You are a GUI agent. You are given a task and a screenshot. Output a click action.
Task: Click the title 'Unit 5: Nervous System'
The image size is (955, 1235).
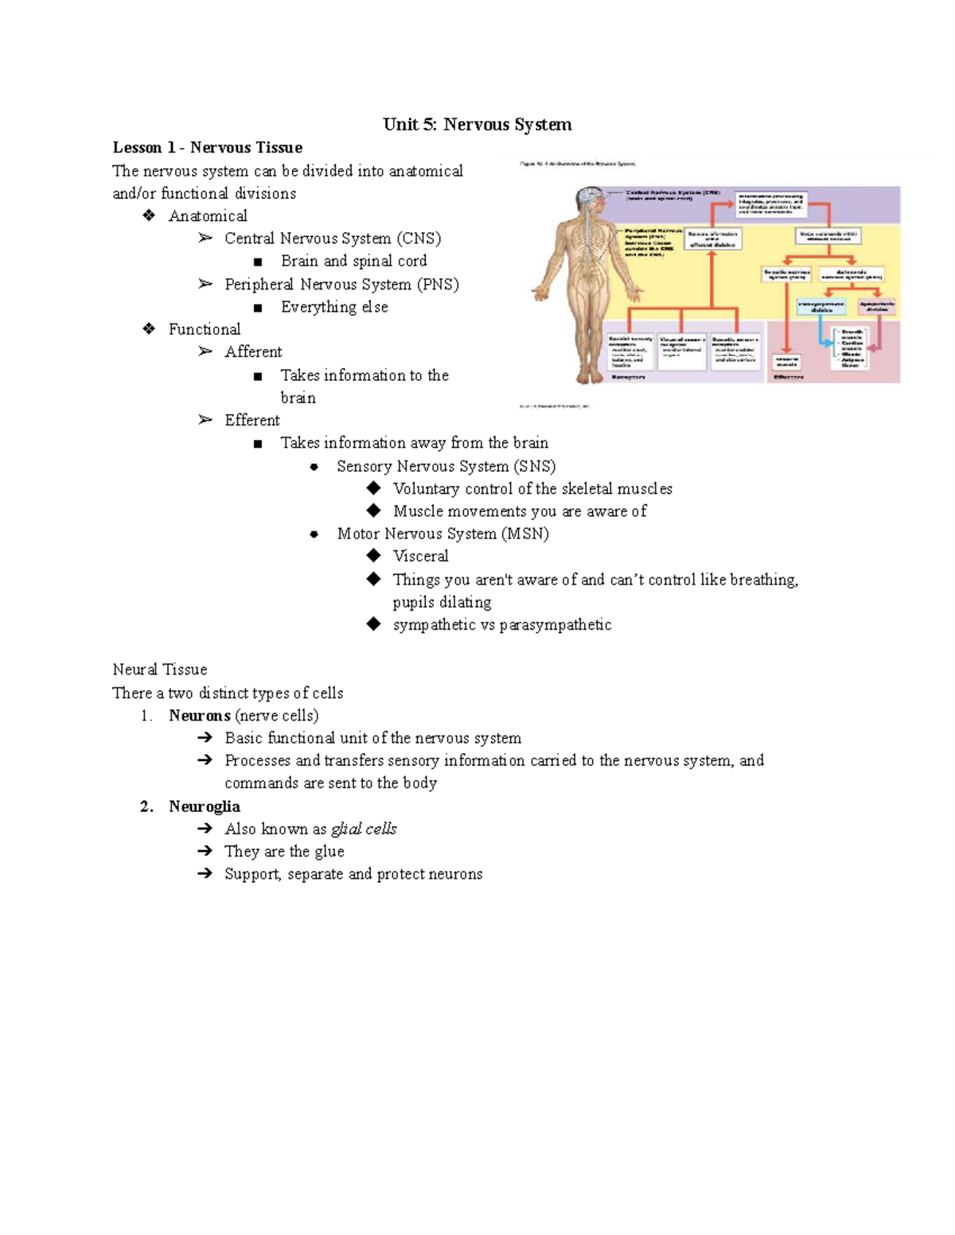pyautogui.click(x=477, y=124)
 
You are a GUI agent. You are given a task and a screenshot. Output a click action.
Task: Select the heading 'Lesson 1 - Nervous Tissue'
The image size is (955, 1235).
pyautogui.click(x=207, y=147)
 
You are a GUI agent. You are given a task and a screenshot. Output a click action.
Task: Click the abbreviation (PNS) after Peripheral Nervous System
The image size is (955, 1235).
pyautogui.click(x=438, y=285)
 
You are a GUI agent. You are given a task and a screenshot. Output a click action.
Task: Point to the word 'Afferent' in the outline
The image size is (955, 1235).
pyautogui.click(x=253, y=352)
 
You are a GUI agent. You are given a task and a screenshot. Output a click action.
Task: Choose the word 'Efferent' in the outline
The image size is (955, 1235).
pyautogui.click(x=252, y=421)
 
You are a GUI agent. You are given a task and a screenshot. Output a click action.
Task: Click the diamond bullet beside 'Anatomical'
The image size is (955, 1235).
pyautogui.click(x=149, y=216)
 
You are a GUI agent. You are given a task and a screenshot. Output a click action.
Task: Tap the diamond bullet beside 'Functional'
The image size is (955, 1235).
pyautogui.click(x=149, y=329)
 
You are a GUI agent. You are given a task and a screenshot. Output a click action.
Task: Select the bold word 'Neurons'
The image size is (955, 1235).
pyautogui.click(x=199, y=716)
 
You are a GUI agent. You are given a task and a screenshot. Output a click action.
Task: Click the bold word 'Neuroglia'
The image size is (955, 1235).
pyautogui.click(x=204, y=806)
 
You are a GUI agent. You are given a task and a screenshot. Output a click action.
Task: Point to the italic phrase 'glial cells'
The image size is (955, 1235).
pyautogui.click(x=364, y=829)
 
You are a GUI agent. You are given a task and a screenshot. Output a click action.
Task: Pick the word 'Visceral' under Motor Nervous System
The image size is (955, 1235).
pyautogui.click(x=420, y=557)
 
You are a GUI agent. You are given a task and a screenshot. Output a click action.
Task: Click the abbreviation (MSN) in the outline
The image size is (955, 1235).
pyautogui.click(x=524, y=534)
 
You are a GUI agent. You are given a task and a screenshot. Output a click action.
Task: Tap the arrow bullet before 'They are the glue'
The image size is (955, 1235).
pyautogui.click(x=205, y=851)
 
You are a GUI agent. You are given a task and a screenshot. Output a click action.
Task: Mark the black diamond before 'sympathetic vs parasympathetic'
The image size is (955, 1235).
pyautogui.click(x=374, y=624)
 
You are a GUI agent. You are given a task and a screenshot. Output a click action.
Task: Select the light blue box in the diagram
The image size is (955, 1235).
pyautogui.click(x=821, y=307)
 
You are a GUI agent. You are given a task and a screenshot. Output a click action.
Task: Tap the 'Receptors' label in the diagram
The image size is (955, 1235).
pyautogui.click(x=628, y=377)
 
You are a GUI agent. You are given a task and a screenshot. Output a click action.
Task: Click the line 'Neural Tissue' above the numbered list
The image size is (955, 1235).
pyautogui.click(x=160, y=670)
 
